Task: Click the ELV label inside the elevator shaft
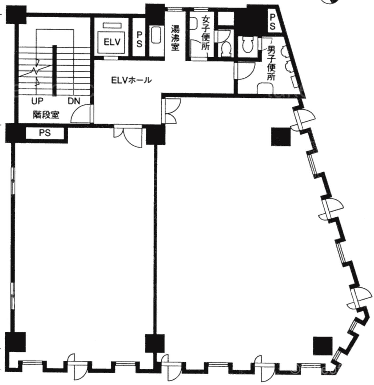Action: click(x=112, y=42)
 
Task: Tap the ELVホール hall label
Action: click(x=131, y=80)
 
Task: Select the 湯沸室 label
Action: click(x=175, y=38)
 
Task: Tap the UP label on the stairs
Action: click(x=37, y=101)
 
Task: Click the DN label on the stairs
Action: click(x=74, y=101)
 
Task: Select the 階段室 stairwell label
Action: click(x=46, y=115)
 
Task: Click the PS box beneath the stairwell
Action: click(x=45, y=133)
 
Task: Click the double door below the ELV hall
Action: click(x=128, y=136)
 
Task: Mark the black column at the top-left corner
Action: click(x=16, y=15)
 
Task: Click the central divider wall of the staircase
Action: click(x=55, y=70)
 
